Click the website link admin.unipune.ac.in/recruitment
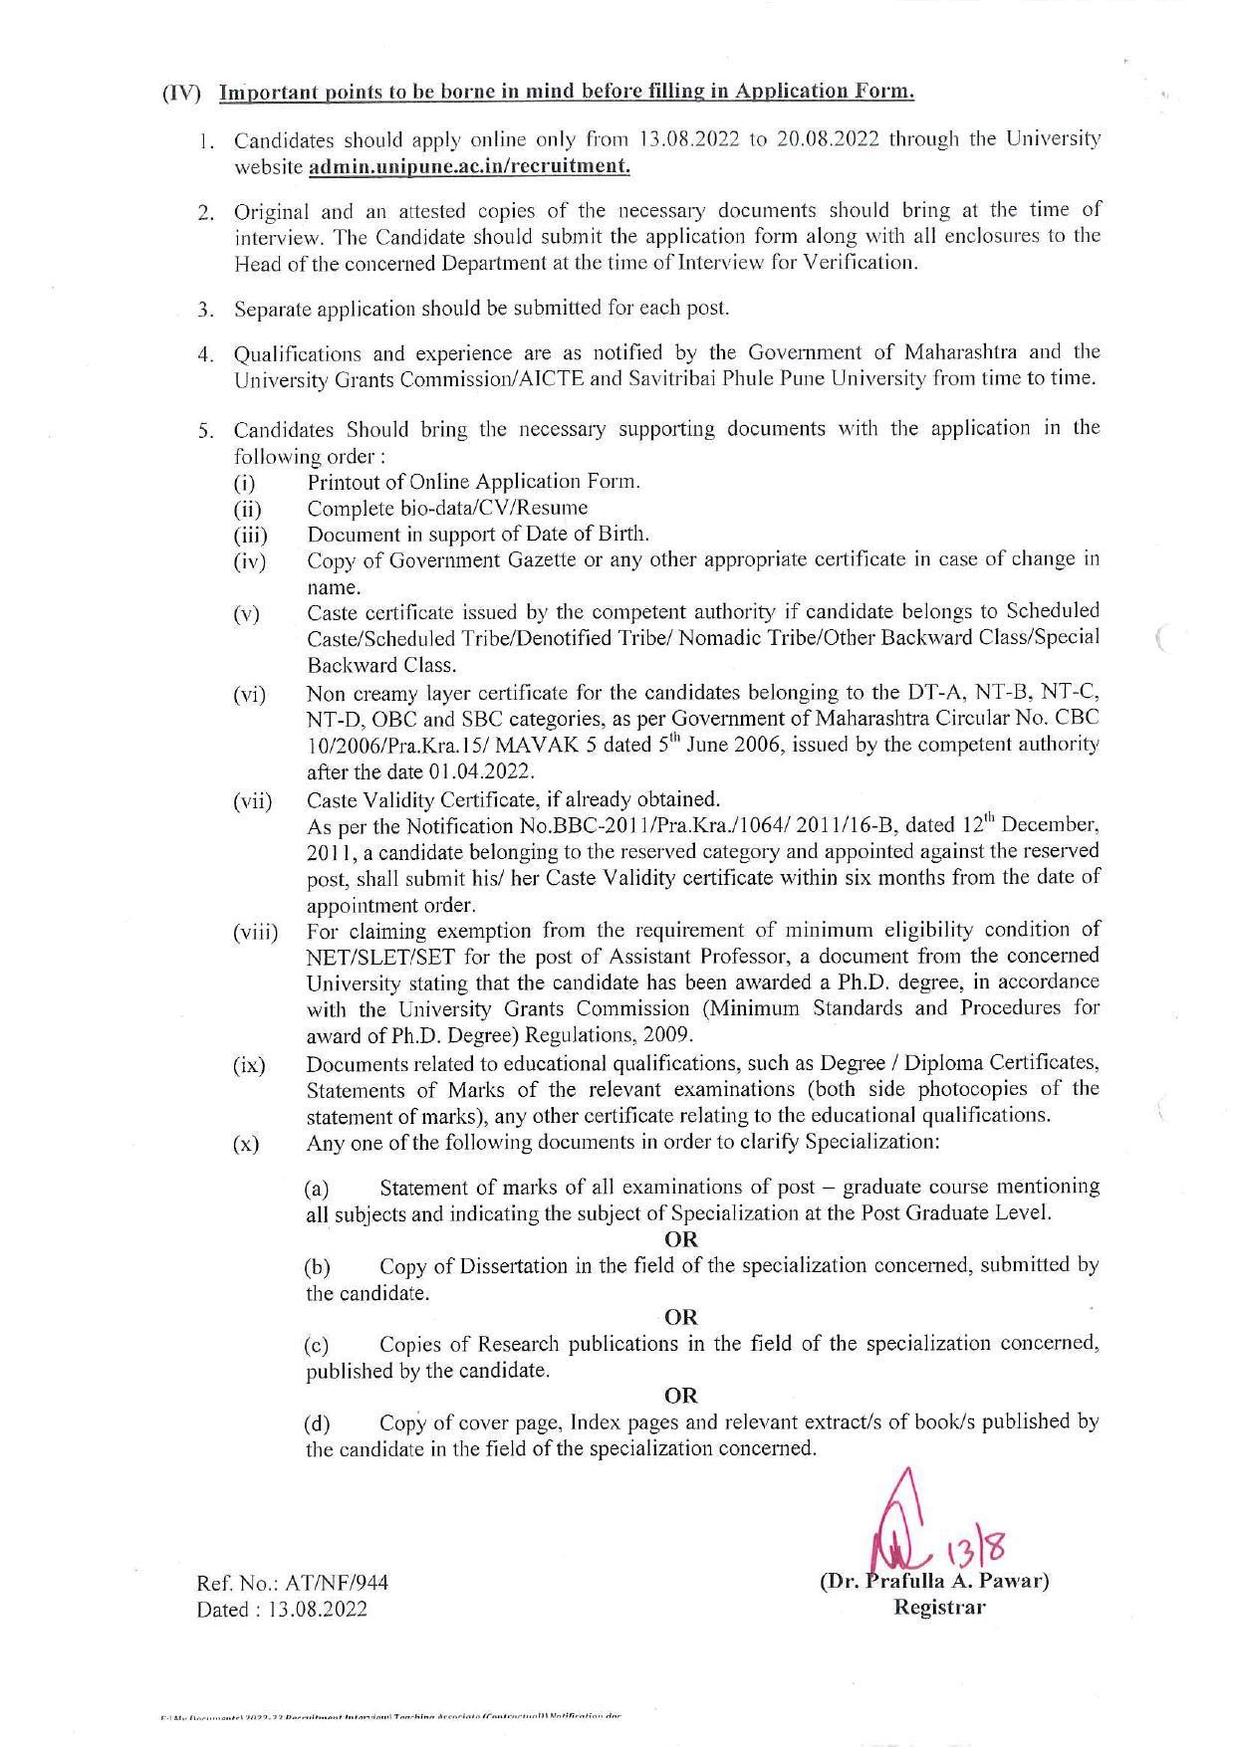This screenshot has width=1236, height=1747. tap(469, 165)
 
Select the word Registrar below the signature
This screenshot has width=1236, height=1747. tap(939, 1607)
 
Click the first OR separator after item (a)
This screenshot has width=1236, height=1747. tap(681, 1239)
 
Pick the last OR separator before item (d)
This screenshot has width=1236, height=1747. tap(681, 1395)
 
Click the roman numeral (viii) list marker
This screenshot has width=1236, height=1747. tap(255, 934)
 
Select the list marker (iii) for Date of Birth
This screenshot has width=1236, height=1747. tap(250, 536)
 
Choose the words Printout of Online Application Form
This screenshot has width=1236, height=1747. tap(473, 482)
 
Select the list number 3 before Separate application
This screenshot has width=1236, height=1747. tap(203, 309)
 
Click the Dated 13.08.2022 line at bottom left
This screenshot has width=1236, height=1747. tap(282, 1609)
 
